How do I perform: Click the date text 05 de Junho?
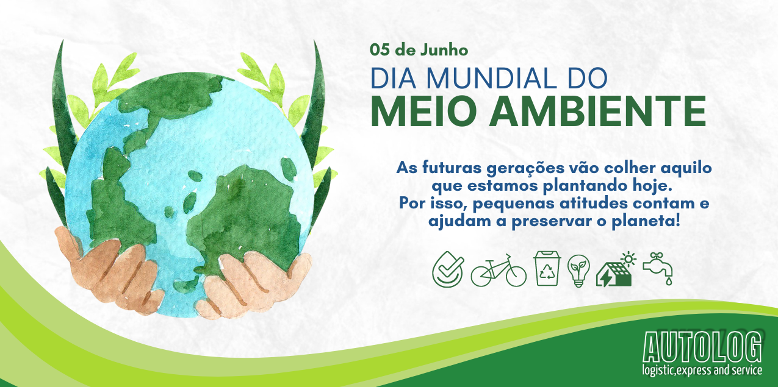419,50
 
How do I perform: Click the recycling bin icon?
547,268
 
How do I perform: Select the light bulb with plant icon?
578,271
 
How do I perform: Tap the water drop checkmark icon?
448,269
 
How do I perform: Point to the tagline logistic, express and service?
702,370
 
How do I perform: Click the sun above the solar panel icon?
629,259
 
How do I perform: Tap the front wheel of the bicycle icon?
516,276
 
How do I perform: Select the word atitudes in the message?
593,204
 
